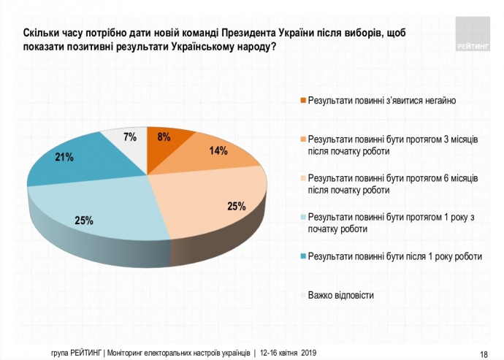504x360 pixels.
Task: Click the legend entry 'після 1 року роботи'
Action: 395,256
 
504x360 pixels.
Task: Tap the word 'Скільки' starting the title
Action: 41,33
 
